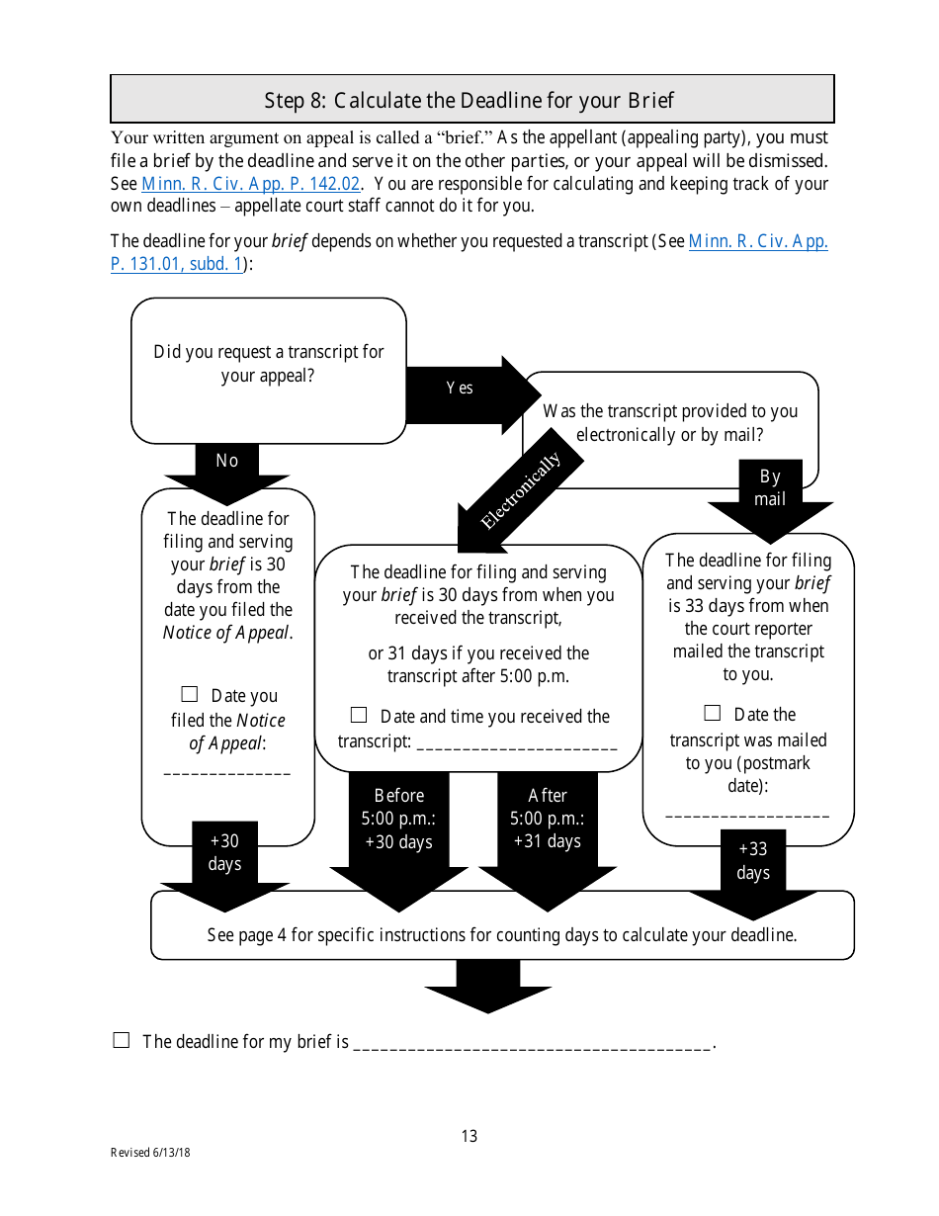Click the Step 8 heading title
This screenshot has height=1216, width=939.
[469, 100]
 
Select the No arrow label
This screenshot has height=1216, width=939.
[227, 461]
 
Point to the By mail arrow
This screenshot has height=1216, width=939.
[770, 488]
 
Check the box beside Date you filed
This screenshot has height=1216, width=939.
[190, 695]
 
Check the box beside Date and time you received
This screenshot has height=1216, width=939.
[359, 715]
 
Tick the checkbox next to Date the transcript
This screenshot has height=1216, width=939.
[713, 713]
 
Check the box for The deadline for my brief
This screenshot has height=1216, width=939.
[122, 1040]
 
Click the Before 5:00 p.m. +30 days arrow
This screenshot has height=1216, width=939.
[399, 821]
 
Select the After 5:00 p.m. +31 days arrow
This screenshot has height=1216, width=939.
[548, 821]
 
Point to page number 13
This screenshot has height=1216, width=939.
[469, 1136]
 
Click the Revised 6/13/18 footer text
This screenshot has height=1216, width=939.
[150, 1153]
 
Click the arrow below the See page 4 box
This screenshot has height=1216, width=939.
[487, 986]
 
